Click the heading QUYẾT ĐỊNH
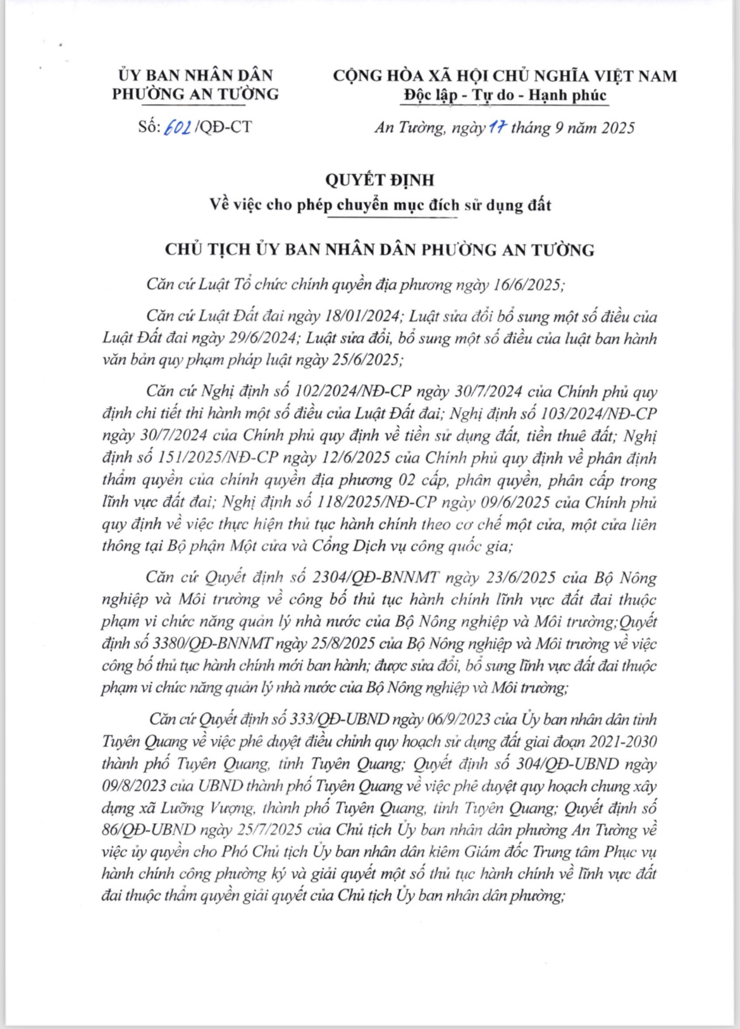(x=379, y=180)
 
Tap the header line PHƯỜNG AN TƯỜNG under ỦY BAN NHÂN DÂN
(x=195, y=94)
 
